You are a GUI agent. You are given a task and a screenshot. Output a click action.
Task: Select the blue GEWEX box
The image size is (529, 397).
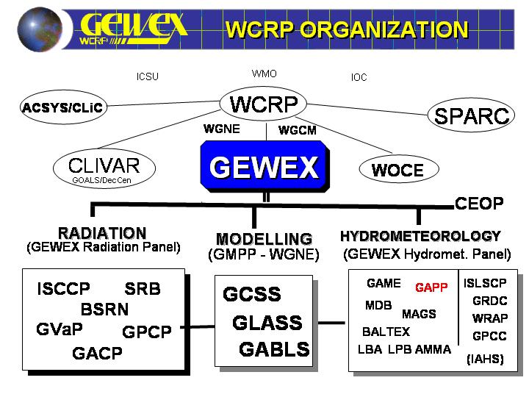[x=264, y=168]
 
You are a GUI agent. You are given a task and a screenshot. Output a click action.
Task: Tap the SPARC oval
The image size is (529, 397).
[x=471, y=116]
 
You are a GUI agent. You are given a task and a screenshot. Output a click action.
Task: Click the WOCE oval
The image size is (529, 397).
[x=397, y=171]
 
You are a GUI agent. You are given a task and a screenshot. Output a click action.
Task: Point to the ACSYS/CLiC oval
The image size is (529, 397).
[x=63, y=108]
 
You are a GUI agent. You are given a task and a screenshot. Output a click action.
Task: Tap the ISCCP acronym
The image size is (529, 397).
[x=63, y=289]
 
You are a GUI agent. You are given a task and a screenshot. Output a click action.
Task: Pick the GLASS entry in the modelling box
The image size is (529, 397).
[x=267, y=323]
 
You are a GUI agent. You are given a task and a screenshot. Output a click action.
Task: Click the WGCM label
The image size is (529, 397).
[x=297, y=131]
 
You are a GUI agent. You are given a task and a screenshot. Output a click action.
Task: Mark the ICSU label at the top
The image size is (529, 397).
[x=147, y=76]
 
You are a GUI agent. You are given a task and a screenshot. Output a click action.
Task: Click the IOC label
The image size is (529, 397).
[x=359, y=77]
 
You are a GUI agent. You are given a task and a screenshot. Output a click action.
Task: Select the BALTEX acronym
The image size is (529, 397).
[x=386, y=332]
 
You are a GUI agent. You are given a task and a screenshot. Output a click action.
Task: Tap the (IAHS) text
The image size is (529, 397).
[x=485, y=359]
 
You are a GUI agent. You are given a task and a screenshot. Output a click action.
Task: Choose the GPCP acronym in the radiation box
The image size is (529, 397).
[x=146, y=332]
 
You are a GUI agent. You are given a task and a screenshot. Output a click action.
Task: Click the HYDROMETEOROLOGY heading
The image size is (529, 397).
[x=420, y=236]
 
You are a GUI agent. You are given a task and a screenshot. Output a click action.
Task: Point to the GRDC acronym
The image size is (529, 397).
[x=490, y=301]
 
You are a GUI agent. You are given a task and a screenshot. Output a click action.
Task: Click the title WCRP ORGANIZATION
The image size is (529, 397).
[x=347, y=29]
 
